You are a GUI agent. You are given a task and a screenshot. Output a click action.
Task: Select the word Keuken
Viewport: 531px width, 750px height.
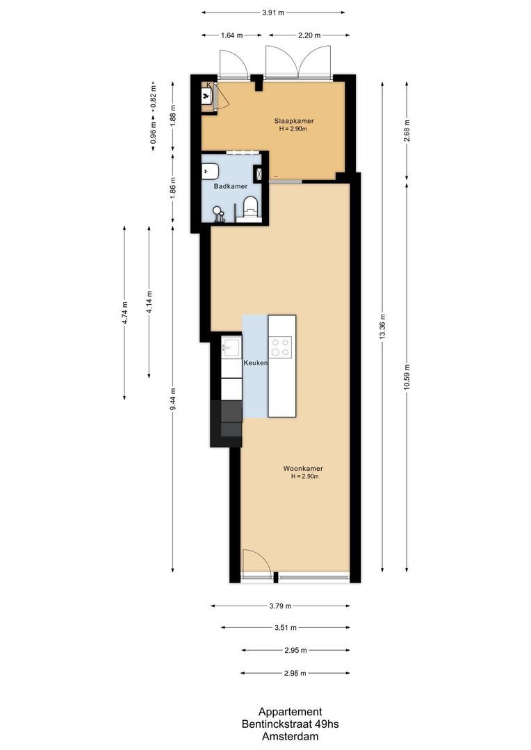coord(255,363)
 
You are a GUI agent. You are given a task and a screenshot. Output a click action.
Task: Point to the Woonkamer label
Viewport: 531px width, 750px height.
coord(303,468)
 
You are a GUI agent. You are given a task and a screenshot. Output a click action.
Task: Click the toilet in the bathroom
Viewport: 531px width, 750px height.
coord(250,206)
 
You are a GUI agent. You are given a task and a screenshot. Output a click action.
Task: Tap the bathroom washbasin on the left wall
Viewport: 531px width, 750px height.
coord(211,172)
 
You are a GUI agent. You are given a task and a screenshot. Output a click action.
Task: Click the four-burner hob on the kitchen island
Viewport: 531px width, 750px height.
coord(281,347)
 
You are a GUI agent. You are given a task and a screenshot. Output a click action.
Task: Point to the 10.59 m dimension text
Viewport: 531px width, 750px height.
coord(407,378)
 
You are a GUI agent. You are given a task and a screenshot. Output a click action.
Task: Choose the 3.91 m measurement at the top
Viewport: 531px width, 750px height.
coord(273,12)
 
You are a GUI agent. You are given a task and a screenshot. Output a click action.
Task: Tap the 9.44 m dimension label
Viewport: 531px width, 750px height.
coord(173,399)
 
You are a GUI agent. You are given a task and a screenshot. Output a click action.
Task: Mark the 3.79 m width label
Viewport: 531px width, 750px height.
coord(280,606)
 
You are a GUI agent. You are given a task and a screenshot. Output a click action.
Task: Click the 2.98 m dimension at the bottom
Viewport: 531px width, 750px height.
coord(295,673)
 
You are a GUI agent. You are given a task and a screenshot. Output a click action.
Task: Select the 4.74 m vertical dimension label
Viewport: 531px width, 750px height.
coord(124,312)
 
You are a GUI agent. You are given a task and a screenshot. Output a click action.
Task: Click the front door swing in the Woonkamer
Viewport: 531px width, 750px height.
coord(252,560)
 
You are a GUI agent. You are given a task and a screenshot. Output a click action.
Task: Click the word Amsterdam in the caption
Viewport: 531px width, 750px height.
coord(290,736)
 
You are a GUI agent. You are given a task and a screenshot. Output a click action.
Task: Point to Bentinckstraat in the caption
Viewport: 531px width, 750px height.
coord(275,724)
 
